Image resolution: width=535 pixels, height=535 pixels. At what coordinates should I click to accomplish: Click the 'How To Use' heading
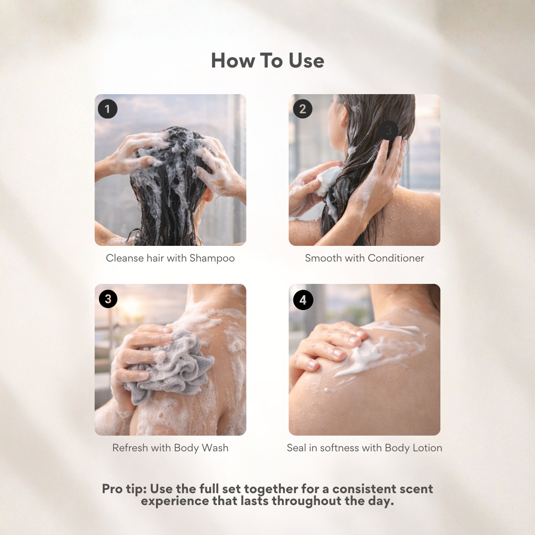coord(267,61)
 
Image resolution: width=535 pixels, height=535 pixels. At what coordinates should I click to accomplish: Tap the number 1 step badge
coord(107,109)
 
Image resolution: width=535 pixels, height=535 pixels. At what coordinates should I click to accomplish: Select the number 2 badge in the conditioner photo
coord(302,109)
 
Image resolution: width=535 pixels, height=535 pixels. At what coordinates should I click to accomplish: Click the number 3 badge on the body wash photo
coord(108,299)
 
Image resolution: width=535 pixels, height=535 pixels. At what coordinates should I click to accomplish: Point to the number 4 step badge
coord(303,300)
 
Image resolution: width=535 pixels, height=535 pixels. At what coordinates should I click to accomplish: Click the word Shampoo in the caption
coord(212,258)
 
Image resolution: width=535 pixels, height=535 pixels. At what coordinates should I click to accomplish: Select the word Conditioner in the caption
coord(396,258)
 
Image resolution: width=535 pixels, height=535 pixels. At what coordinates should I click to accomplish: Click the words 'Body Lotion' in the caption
coord(413,447)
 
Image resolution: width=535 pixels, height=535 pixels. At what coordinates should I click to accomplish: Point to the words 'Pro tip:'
coord(124,489)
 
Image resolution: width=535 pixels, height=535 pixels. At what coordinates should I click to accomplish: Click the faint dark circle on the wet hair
coord(388,130)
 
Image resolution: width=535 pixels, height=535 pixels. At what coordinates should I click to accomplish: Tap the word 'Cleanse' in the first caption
coord(125,258)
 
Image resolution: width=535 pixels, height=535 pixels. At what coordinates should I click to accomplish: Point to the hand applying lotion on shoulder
coord(328,345)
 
